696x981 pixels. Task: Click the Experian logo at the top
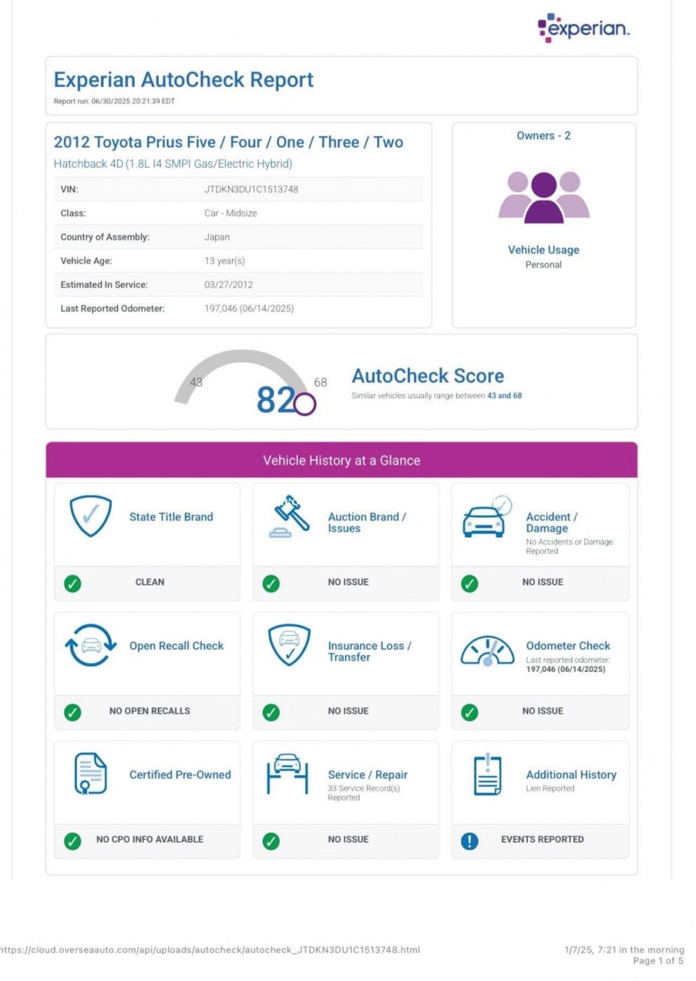tap(583, 28)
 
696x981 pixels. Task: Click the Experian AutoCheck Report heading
tap(184, 80)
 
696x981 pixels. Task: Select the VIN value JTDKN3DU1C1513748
tap(251, 189)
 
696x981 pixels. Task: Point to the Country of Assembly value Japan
tap(217, 237)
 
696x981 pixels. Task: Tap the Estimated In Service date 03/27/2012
tap(228, 284)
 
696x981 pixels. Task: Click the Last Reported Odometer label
tap(112, 308)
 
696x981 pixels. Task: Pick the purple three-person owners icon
tap(544, 197)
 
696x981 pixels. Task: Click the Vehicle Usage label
tap(543, 250)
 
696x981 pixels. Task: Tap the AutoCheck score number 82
tap(275, 400)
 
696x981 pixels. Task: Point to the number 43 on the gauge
tap(196, 383)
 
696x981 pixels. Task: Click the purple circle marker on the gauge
tap(305, 404)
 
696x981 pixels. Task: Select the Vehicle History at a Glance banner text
tap(341, 460)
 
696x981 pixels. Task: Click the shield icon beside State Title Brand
tap(90, 516)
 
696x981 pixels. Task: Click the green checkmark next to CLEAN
tap(72, 583)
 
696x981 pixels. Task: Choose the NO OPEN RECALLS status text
tap(149, 711)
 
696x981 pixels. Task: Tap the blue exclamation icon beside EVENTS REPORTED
tap(470, 840)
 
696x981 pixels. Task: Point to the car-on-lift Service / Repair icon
tap(287, 774)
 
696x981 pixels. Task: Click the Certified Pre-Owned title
tap(180, 775)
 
